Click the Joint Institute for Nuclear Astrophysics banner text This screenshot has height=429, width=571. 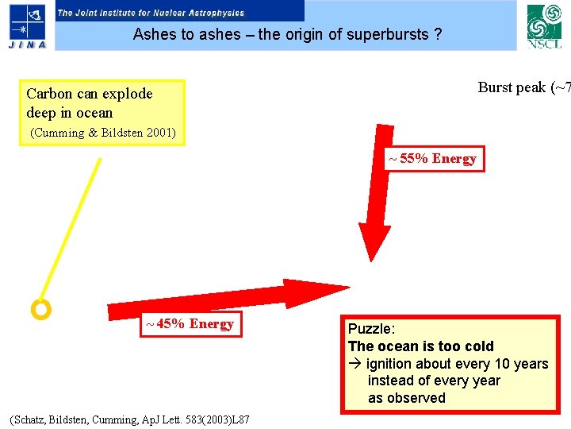click(x=151, y=13)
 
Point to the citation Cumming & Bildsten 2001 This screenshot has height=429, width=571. click(x=103, y=133)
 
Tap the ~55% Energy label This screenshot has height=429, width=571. click(x=432, y=159)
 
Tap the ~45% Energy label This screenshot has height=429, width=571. click(x=189, y=324)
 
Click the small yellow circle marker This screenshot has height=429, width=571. click(x=40, y=309)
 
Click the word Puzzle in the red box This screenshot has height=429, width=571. click(x=370, y=329)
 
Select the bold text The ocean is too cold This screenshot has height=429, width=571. click(x=420, y=346)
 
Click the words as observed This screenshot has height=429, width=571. click(x=407, y=398)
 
